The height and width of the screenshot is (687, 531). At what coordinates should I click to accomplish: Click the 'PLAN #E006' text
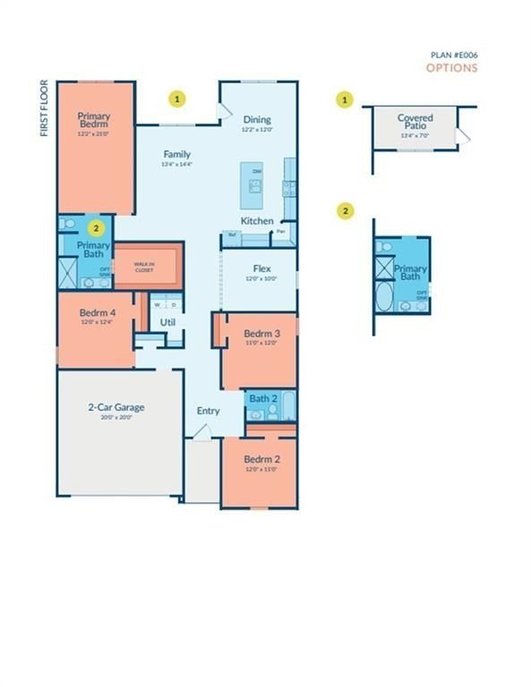tap(454, 55)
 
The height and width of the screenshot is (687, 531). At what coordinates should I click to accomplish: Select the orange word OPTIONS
tap(451, 68)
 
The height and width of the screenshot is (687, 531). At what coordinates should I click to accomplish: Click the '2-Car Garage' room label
tap(116, 408)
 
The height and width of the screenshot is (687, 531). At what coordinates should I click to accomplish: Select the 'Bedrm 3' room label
tap(261, 334)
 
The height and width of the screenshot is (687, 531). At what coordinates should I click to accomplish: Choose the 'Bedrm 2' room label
tap(261, 460)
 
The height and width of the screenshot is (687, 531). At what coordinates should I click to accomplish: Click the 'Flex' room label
tap(261, 268)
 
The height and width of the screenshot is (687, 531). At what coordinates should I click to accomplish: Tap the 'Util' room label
tap(167, 322)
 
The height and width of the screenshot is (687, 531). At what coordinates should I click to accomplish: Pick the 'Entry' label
tap(208, 411)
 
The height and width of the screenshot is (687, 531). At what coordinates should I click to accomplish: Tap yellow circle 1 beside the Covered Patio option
tap(346, 99)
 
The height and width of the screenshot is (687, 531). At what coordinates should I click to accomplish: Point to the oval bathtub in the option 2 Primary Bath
tap(385, 298)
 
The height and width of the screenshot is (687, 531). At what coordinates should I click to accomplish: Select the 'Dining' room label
tap(257, 120)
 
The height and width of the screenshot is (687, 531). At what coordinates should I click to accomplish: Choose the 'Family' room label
tap(176, 154)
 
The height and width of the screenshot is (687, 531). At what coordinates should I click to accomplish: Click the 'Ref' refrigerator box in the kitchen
tap(233, 236)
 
